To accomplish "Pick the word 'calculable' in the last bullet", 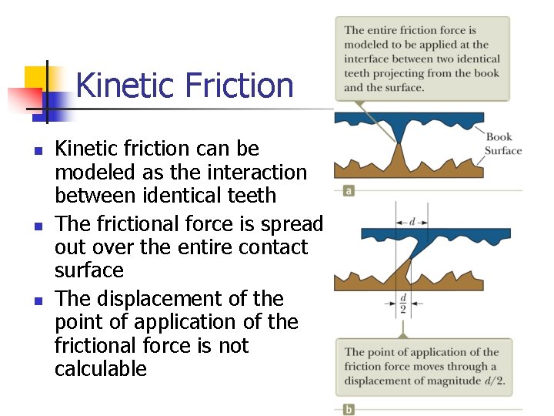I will click(x=100, y=368).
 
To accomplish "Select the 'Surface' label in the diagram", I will click(x=503, y=151).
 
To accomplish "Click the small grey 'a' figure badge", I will click(x=349, y=190).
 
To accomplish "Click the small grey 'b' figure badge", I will click(x=349, y=408).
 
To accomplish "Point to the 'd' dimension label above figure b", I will click(x=412, y=222).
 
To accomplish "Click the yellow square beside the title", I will click(x=36, y=79).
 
